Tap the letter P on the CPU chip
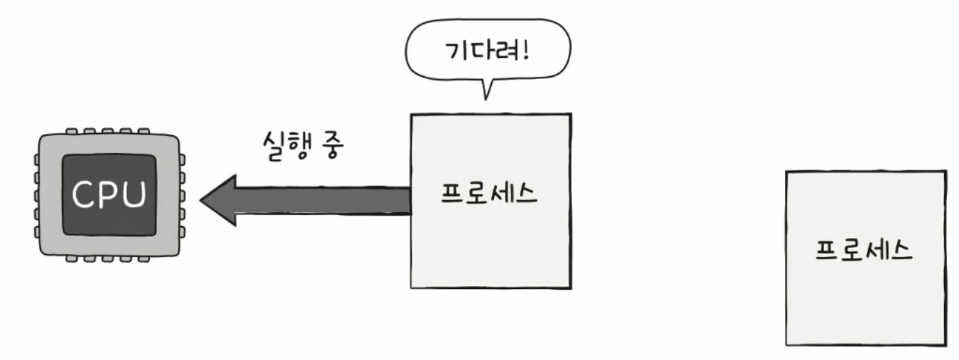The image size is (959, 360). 110,194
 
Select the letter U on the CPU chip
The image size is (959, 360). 134,194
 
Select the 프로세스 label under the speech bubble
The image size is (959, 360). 489,193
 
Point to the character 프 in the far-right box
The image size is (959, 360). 827,250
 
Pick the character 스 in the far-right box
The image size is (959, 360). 901,251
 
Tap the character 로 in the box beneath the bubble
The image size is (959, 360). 477,193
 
